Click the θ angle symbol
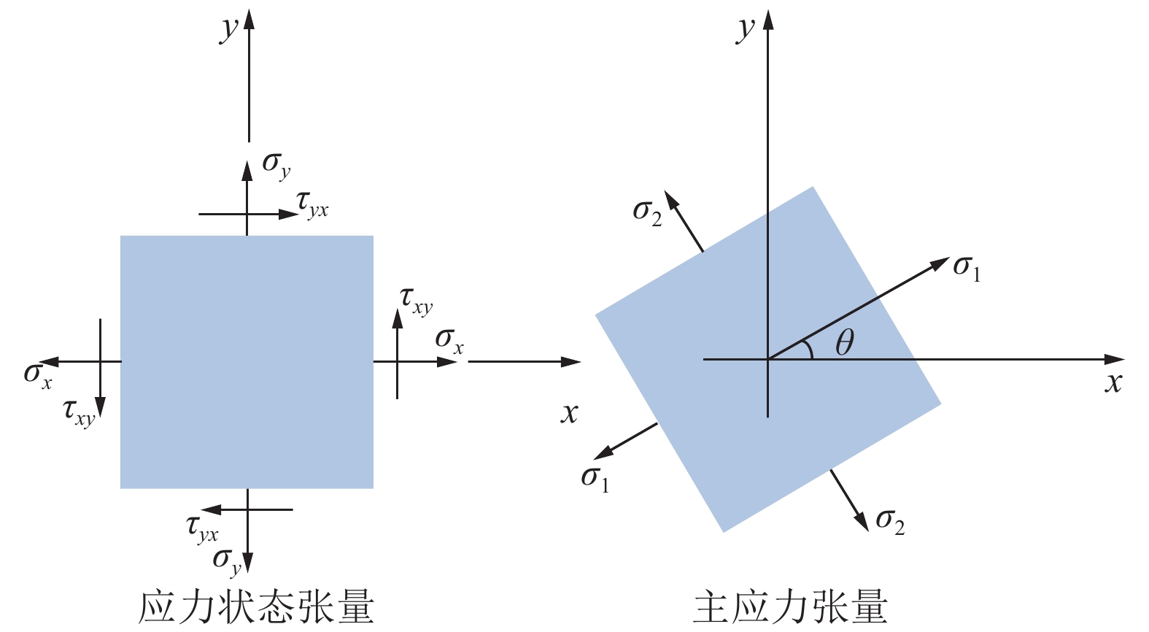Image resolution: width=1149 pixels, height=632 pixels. pyautogui.click(x=845, y=343)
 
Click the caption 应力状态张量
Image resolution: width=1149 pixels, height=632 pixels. pyautogui.click(x=257, y=607)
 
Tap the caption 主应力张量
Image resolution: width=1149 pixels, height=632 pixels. pyautogui.click(x=791, y=607)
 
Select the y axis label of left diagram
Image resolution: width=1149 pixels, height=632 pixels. pyautogui.click(x=229, y=30)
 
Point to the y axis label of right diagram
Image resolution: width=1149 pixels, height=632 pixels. pyautogui.click(x=746, y=30)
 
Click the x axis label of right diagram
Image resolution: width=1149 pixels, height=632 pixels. pyautogui.click(x=1113, y=383)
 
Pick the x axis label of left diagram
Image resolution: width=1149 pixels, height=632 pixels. pyautogui.click(x=569, y=414)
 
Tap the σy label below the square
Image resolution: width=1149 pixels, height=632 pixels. pyautogui.click(x=227, y=562)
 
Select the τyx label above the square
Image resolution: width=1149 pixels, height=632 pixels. pyautogui.click(x=312, y=205)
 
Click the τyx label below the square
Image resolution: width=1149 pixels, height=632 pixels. pyautogui.click(x=202, y=529)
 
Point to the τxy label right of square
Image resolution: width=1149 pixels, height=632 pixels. pyautogui.click(x=416, y=302)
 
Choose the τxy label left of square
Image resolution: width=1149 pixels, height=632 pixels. pyautogui.click(x=79, y=414)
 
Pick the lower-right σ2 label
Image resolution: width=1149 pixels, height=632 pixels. pyautogui.click(x=891, y=523)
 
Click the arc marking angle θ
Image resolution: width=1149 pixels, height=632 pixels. pyautogui.click(x=809, y=349)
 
